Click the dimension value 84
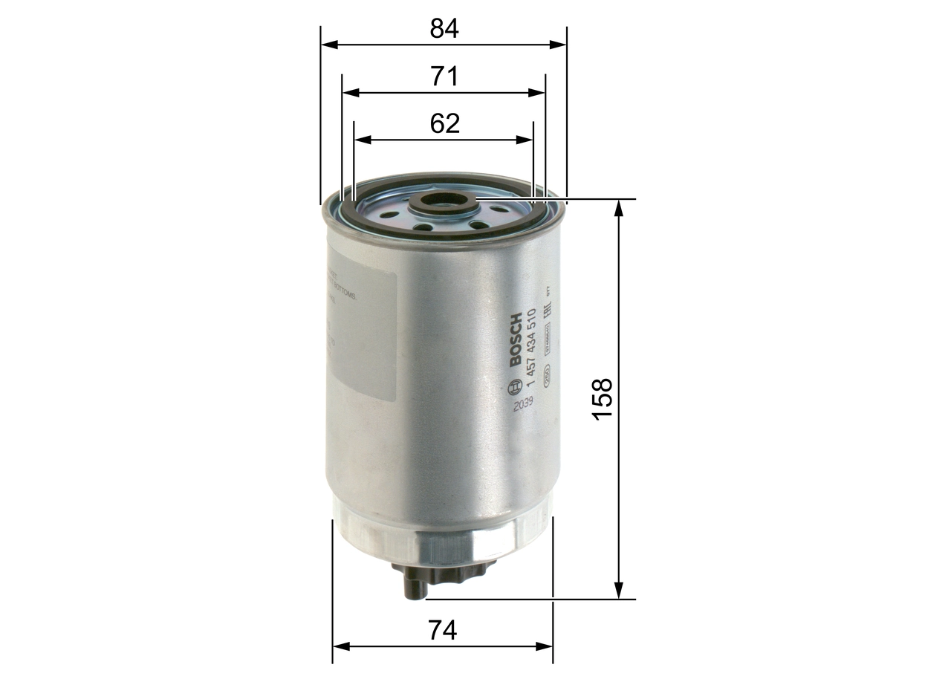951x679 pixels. pyautogui.click(x=444, y=28)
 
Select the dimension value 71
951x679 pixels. pyautogui.click(x=444, y=77)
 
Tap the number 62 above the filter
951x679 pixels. pyautogui.click(x=444, y=123)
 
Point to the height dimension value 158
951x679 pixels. pyautogui.click(x=603, y=398)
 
